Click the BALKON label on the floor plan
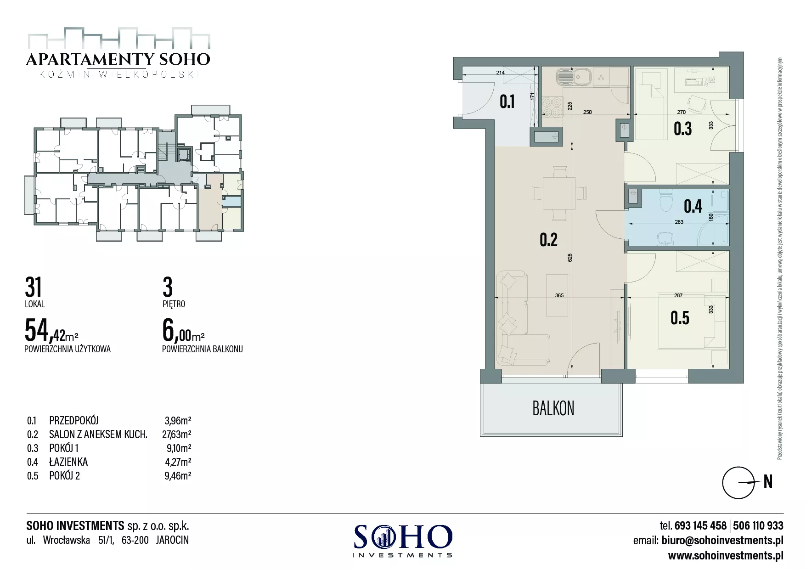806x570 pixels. click(x=553, y=408)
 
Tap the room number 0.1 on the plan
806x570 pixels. click(x=507, y=102)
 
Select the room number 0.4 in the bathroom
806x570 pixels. click(x=693, y=206)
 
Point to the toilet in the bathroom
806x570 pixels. click(x=665, y=200)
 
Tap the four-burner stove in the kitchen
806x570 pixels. click(x=552, y=107)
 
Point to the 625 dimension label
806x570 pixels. click(x=570, y=258)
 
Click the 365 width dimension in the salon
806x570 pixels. click(x=559, y=295)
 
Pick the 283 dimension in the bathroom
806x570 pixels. click(x=679, y=222)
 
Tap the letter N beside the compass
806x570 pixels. click(x=768, y=481)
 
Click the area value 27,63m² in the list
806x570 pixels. click(x=177, y=434)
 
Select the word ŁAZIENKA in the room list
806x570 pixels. click(x=68, y=462)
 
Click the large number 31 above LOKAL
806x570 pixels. click(x=34, y=287)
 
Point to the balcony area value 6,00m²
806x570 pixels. click(x=183, y=330)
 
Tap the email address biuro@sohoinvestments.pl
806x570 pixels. click(x=722, y=540)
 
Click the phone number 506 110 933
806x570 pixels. click(x=758, y=525)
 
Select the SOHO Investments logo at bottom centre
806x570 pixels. click(x=402, y=541)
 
